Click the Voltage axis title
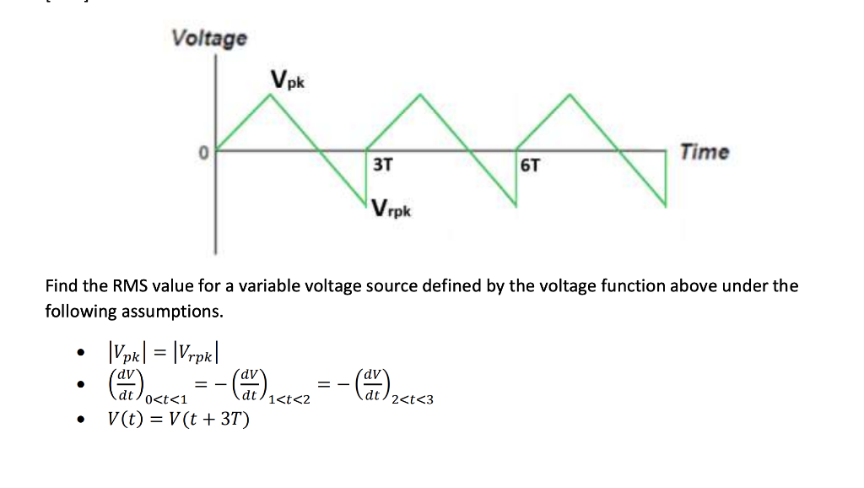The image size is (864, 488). (x=209, y=38)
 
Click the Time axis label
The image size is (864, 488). (x=705, y=153)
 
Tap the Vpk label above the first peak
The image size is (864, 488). (x=289, y=80)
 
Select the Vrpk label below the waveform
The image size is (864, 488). (x=390, y=209)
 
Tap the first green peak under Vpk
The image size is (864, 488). (x=271, y=95)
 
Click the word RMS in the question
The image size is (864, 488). (x=126, y=285)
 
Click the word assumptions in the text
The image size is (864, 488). (x=173, y=312)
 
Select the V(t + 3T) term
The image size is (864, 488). (x=210, y=419)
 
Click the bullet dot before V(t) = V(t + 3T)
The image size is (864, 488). (x=79, y=420)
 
